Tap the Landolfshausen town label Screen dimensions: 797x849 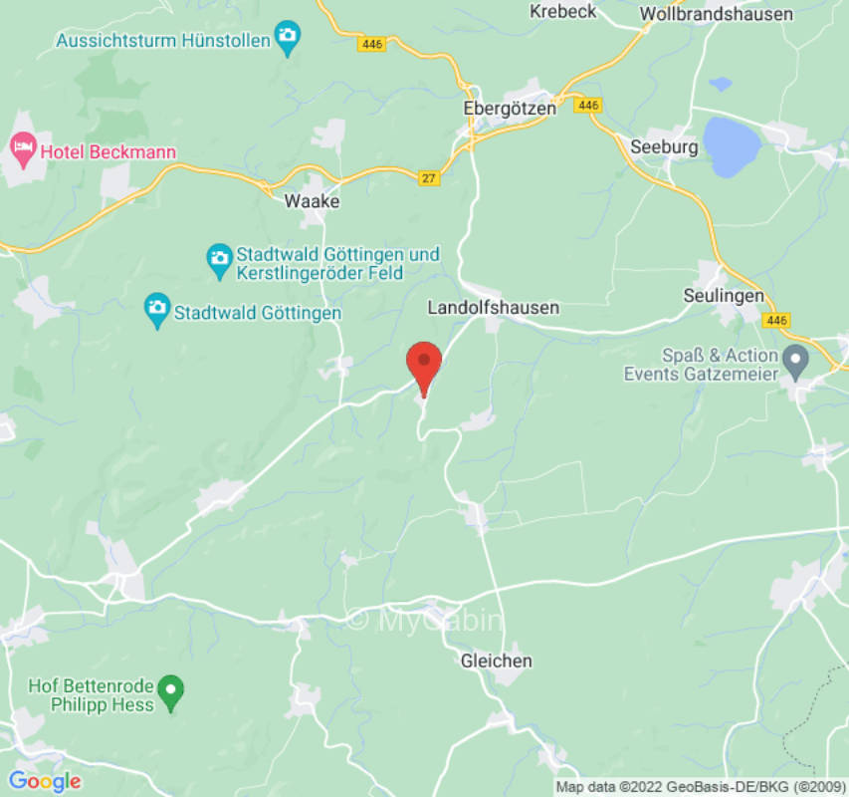tap(493, 308)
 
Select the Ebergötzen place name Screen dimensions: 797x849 tap(510, 109)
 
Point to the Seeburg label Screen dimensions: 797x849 tap(664, 146)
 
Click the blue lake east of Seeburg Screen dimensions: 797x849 tap(732, 145)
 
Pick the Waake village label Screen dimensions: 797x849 tap(312, 201)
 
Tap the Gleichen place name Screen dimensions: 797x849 tap(496, 661)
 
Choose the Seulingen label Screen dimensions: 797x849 tap(724, 297)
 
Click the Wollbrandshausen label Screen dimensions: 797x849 tap(717, 14)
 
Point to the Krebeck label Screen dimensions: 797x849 tap(562, 11)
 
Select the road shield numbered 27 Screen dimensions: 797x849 tap(429, 177)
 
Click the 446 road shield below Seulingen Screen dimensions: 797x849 tap(777, 320)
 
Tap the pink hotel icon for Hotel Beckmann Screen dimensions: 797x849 tap(21, 151)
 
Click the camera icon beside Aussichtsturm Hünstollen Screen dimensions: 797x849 tap(288, 40)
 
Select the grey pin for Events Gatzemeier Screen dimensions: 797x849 tap(795, 359)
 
